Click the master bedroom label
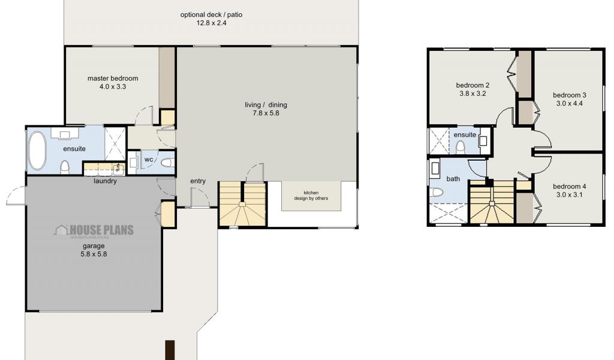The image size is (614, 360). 112,79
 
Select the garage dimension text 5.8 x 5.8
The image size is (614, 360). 94,254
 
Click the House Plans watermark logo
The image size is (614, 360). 94,230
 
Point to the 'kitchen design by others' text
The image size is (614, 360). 311,196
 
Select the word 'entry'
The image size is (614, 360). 198,181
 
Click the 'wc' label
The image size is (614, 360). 149,160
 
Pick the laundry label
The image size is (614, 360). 105,181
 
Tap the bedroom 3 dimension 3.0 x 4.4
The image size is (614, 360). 570,103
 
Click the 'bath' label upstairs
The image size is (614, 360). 453,179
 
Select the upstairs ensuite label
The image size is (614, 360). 465,135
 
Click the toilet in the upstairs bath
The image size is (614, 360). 437,192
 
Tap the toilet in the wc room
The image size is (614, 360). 167,162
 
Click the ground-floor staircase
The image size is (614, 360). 242,204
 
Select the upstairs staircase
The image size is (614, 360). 492,202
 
